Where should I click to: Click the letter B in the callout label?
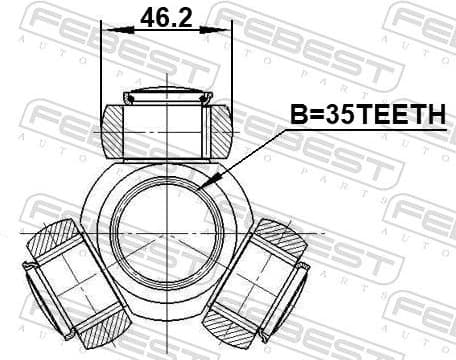pos(297,116)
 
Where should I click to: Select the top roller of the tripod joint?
pos(166,128)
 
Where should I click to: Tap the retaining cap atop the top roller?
pos(166,97)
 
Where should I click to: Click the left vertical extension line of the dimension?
pos(102,60)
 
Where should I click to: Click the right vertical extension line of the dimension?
pos(232,60)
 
